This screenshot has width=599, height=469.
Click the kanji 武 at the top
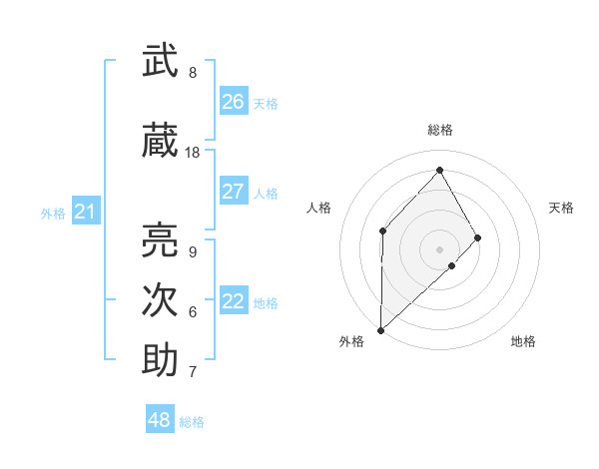pos(160,62)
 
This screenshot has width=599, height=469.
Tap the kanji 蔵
pos(160,142)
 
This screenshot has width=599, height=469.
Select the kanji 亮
pos(160,239)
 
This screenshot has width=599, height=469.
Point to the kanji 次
pos(160,299)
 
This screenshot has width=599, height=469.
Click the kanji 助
pos(160,360)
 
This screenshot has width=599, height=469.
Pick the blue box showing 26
pos(234,102)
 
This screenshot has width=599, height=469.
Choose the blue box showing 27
pos(234,192)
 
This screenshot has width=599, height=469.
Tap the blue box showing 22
pos(234,301)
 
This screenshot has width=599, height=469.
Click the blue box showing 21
pos(85,212)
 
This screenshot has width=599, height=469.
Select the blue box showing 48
pos(160,420)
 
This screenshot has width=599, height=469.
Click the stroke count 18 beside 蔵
pos(193,153)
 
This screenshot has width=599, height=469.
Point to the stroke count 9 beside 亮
pos(193,251)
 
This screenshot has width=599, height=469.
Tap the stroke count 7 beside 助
pos(193,372)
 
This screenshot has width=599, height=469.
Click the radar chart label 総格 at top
pos(439,130)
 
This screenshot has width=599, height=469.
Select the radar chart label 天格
pos(561,208)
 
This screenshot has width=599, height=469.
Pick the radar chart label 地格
pos(523,341)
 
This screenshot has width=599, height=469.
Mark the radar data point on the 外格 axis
pos(380,329)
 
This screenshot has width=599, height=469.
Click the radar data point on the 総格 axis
pos(439,169)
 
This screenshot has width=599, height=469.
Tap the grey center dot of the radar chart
pos(439,248)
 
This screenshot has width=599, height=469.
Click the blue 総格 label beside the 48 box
pos(192,422)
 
